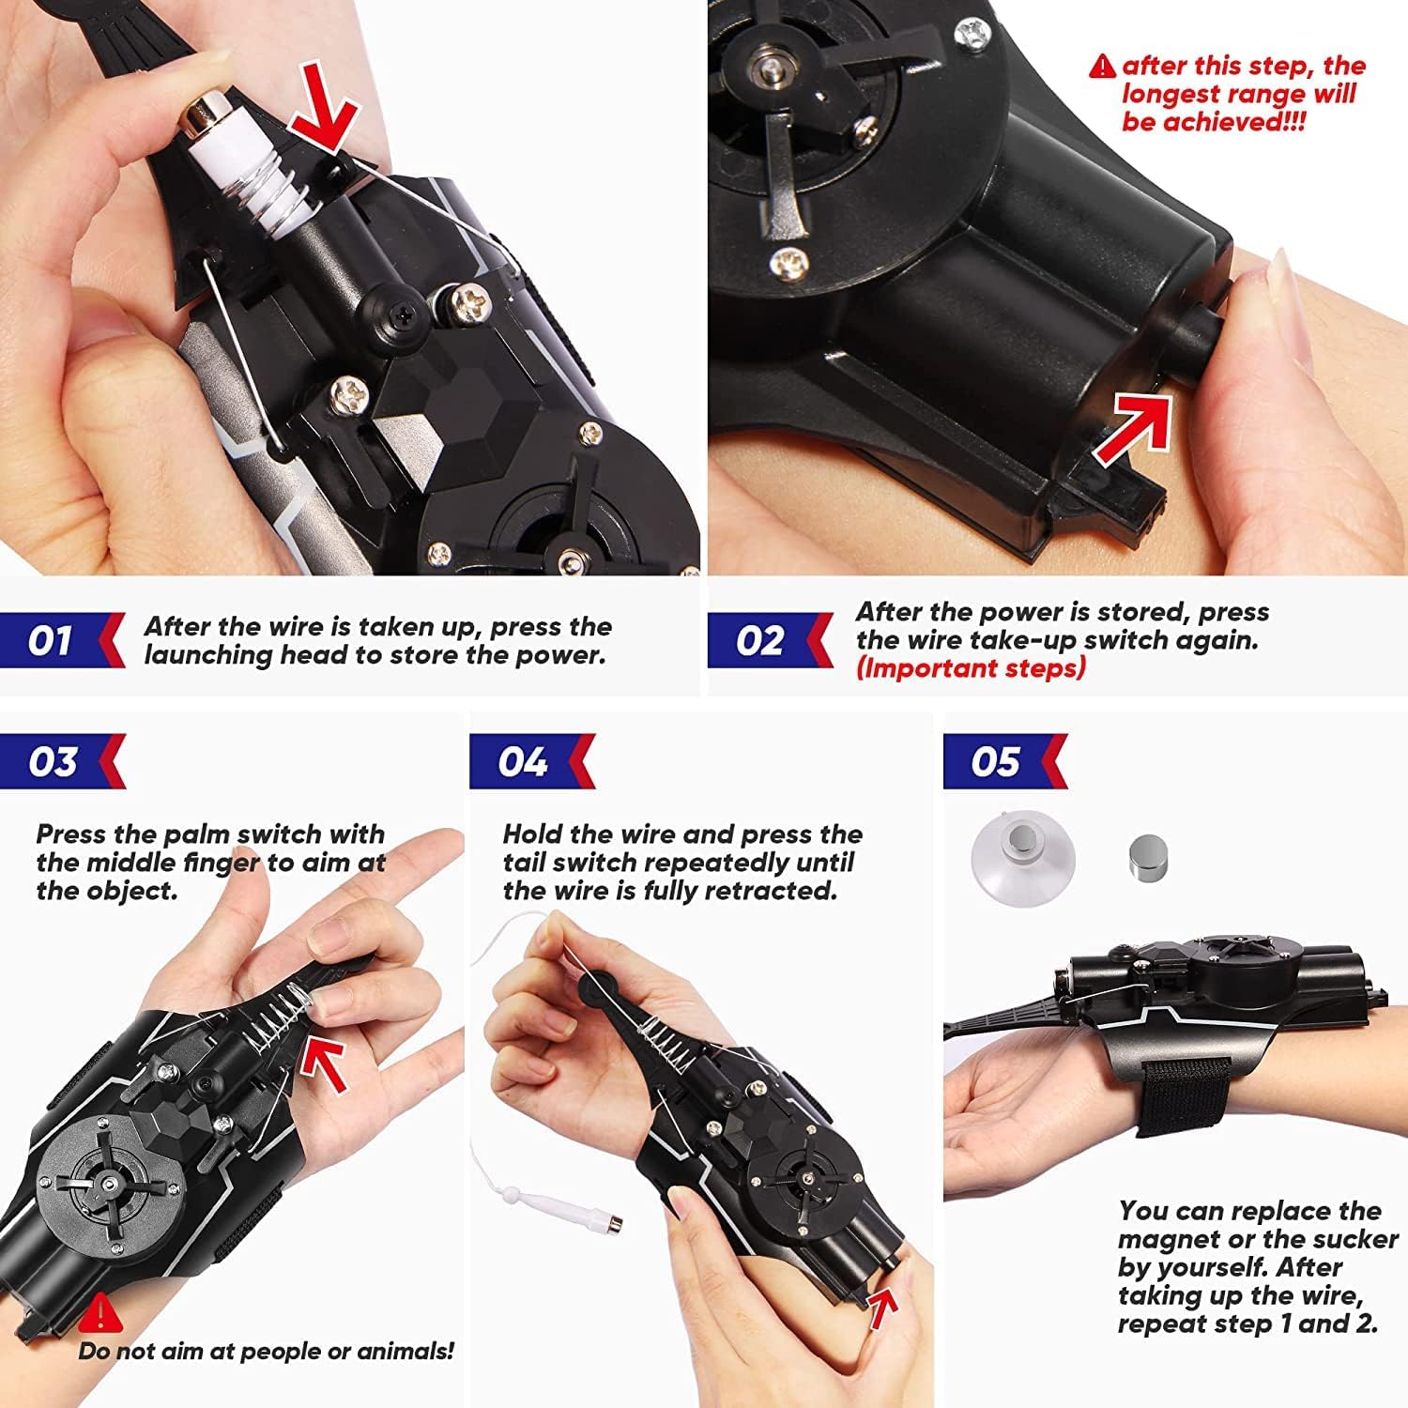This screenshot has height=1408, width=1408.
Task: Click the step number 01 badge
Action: [61, 640]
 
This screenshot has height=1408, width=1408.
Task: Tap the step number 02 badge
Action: [770, 640]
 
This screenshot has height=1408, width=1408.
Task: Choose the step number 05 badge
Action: [1005, 761]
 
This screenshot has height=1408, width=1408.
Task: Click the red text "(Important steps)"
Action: [971, 668]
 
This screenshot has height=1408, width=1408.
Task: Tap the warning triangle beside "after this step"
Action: [1102, 66]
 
